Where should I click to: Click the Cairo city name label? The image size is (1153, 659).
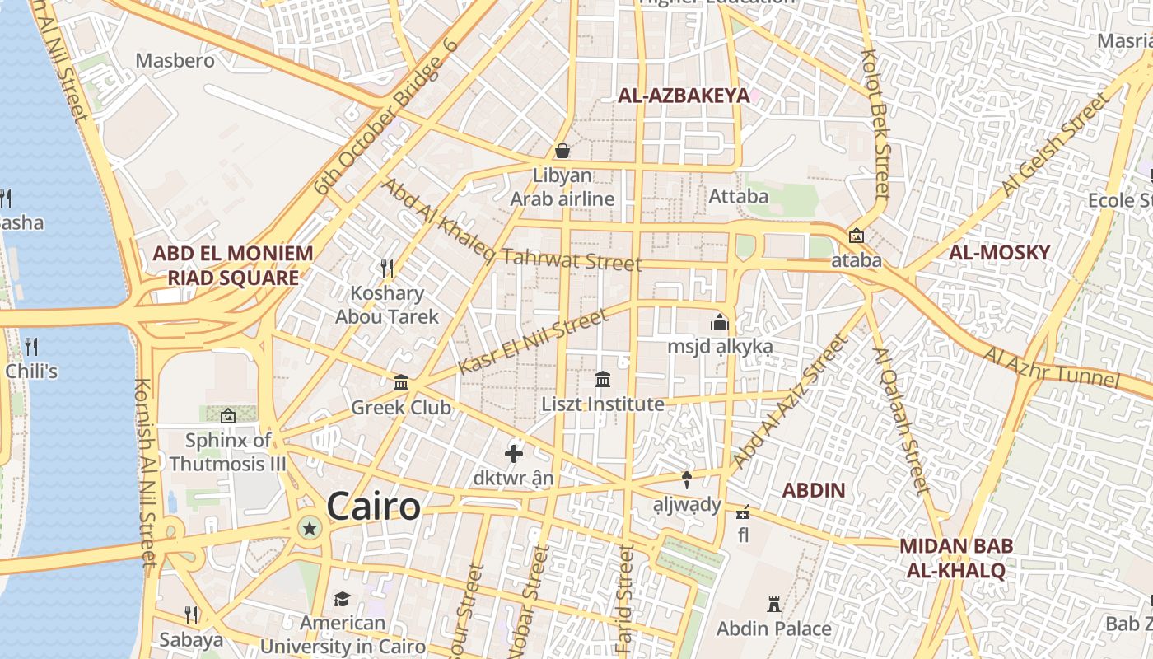point(374,506)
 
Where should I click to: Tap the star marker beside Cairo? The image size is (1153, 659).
point(310,528)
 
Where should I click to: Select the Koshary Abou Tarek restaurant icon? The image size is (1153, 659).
point(387,268)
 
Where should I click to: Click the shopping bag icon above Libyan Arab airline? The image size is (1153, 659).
point(562,151)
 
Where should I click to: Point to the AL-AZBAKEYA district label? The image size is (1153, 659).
point(684,96)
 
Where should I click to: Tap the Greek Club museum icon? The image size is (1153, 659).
point(401,382)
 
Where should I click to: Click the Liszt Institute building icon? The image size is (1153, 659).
point(603,380)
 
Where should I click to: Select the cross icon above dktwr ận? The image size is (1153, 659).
point(514,453)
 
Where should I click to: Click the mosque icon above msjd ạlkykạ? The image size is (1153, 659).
point(720,321)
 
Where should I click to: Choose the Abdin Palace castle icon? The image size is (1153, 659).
point(774,605)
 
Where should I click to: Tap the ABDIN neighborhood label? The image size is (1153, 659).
point(814,491)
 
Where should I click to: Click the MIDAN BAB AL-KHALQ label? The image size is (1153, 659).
point(956,558)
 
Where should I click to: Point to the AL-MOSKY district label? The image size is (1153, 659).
point(999,252)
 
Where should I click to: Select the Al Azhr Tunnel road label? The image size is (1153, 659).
point(1052,367)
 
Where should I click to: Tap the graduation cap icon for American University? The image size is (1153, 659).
point(342,599)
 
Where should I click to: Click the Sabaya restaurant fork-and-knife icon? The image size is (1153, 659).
point(191,615)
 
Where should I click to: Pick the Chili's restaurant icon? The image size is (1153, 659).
point(31,346)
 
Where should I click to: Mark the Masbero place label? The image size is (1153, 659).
point(175,61)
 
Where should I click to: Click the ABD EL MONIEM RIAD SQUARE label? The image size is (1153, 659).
point(233,265)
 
